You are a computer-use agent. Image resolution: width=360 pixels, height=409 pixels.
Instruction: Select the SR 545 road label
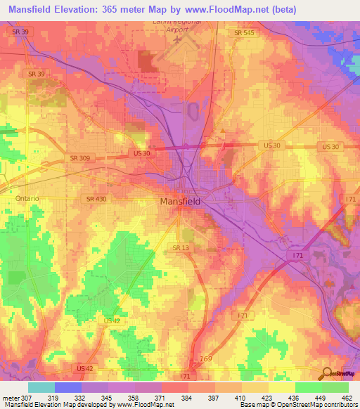pos(245,32)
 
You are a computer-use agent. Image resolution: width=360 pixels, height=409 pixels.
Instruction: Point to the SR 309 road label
pos(79,158)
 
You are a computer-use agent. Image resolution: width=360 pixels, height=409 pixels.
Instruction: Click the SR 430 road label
pos(96,200)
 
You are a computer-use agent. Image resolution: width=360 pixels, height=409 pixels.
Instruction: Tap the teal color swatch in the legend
pos(41,387)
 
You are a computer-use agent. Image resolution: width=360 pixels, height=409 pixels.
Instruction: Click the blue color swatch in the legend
pos(67,387)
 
